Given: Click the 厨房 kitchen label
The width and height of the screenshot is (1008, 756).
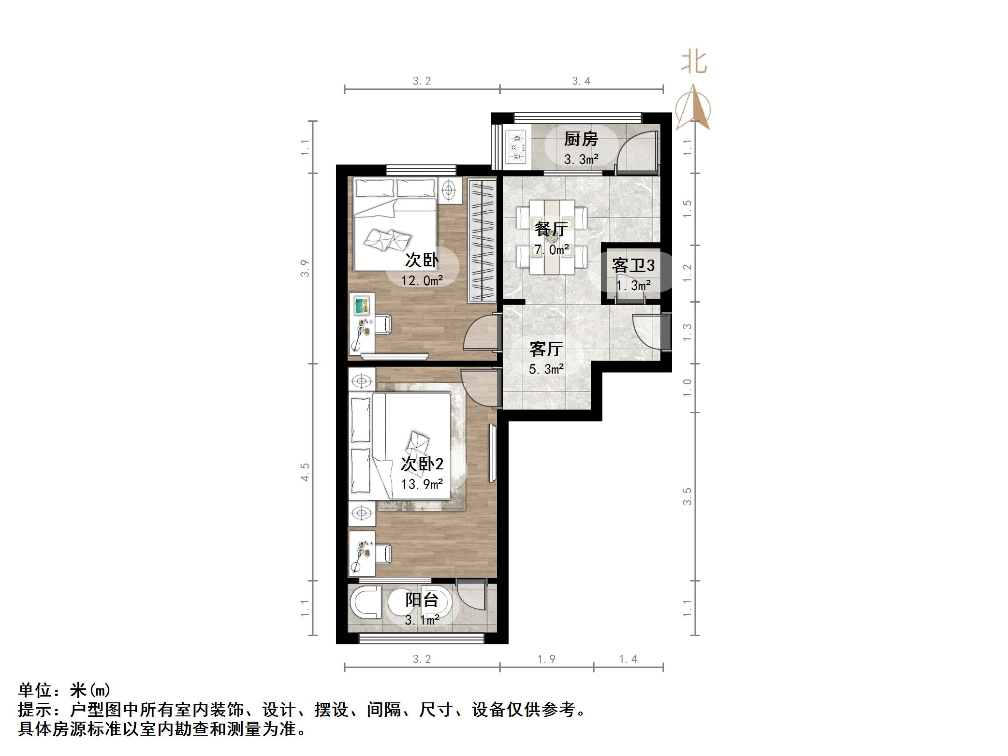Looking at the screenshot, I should tap(581, 139).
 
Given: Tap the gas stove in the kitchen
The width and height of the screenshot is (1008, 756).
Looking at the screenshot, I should tap(517, 147).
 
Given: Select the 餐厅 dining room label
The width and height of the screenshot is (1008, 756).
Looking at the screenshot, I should tap(551, 229).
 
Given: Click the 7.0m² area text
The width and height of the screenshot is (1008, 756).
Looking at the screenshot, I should tap(552, 250).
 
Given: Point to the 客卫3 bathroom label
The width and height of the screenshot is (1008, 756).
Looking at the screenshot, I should tap(633, 265).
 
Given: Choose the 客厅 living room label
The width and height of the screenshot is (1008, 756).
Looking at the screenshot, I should tap(546, 349).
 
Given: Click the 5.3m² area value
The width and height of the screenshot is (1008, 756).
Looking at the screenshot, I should tap(546, 370).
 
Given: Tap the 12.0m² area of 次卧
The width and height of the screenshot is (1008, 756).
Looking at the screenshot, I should tap(422, 280).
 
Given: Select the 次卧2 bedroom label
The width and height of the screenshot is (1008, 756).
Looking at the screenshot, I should tap(422, 465).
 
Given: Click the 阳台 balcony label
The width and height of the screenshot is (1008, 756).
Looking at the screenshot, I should tap(422, 600).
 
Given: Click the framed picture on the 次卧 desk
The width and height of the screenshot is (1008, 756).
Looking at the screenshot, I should tap(361, 305).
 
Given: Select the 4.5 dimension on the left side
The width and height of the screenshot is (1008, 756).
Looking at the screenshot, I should tap(305, 472).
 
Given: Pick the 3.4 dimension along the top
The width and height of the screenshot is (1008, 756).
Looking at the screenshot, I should tap(581, 81).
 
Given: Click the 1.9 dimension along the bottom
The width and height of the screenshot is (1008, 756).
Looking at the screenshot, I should tap(546, 659).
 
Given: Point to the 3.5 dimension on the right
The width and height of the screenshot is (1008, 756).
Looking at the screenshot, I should tap(687, 496).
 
